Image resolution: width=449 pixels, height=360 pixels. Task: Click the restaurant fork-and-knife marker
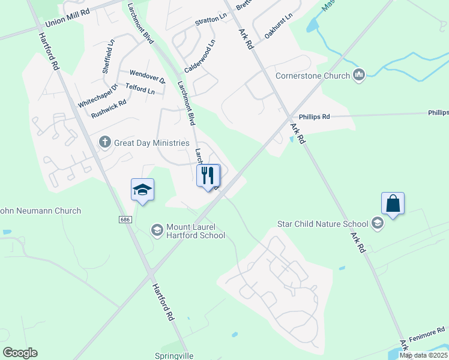coord(208,176)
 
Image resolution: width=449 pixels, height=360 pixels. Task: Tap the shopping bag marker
coord(393,203)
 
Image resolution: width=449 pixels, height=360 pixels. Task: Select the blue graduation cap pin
coord(142,190)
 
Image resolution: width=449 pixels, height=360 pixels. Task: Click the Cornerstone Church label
coord(312,76)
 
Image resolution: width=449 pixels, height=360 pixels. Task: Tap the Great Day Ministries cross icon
coord(105,142)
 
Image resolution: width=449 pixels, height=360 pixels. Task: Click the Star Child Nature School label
coord(322,224)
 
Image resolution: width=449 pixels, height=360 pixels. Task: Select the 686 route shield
coord(125,220)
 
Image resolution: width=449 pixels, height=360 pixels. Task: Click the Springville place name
coord(174,355)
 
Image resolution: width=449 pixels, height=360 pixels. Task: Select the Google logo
coord(20,352)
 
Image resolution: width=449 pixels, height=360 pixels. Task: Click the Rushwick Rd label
coord(109,108)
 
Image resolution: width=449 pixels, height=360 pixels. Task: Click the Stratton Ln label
coord(210,21)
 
